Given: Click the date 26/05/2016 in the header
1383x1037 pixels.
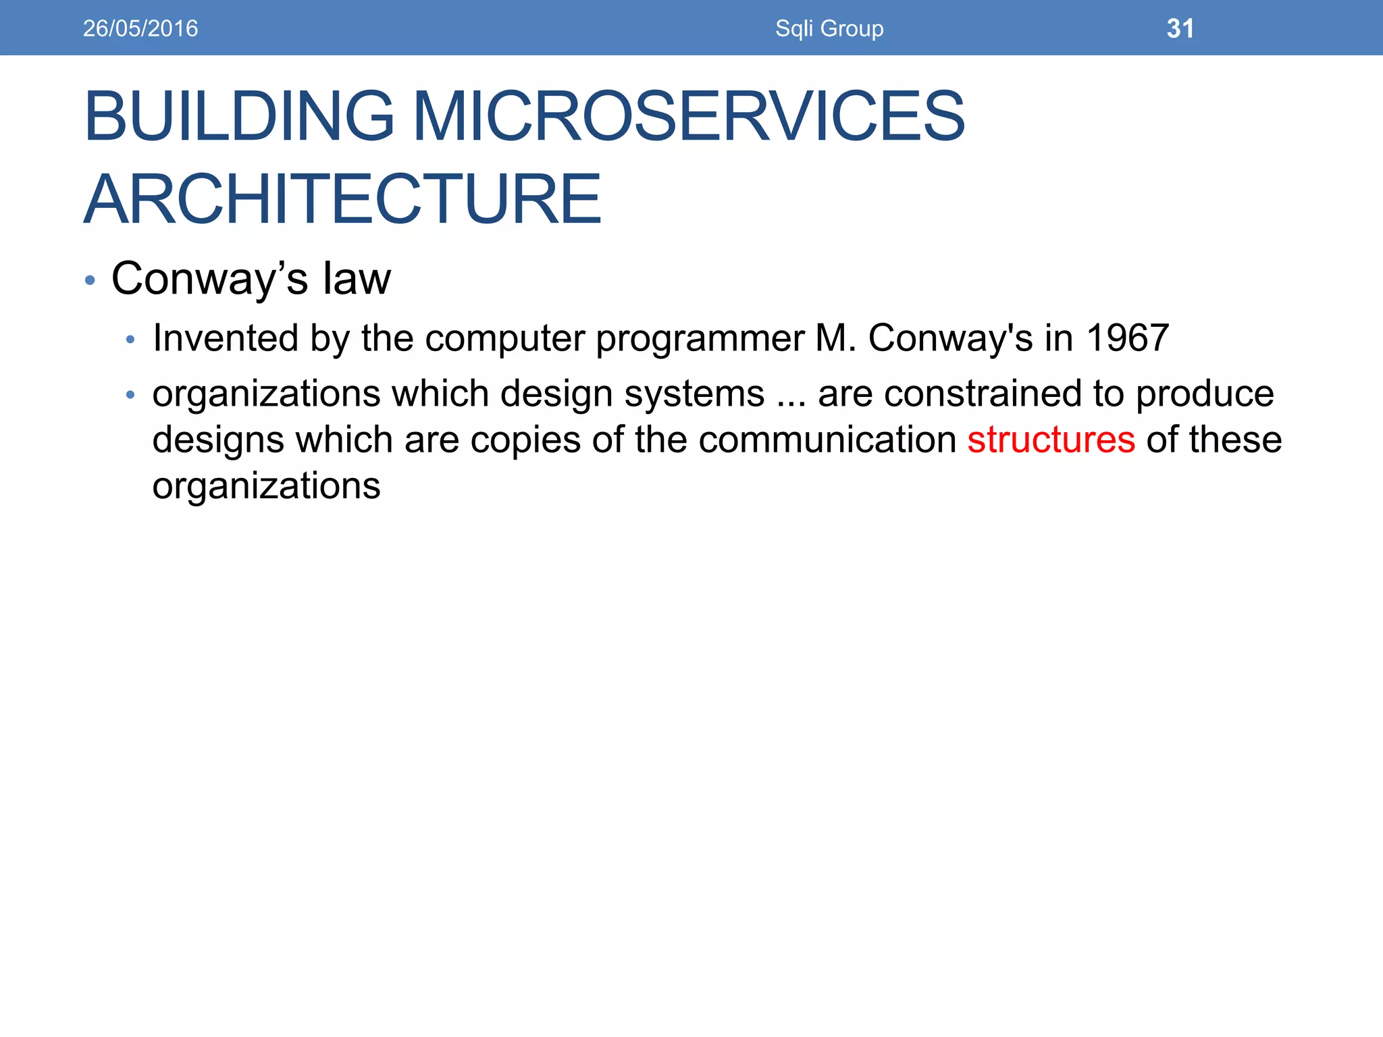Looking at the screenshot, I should [140, 28].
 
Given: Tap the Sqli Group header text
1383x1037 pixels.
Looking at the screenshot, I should [829, 28].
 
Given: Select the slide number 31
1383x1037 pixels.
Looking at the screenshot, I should [1180, 28].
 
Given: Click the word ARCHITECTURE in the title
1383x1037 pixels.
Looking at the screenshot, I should [342, 199].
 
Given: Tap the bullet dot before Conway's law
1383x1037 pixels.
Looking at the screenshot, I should [90, 280].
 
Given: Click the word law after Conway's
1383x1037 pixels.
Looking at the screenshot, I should [357, 278].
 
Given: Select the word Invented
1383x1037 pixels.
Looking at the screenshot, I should [226, 338].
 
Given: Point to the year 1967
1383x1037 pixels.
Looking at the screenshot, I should [1127, 338].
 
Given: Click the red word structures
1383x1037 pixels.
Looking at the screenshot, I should [1051, 440].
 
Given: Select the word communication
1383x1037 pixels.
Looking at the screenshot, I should [827, 440].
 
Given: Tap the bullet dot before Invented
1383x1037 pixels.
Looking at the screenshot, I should [131, 340].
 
